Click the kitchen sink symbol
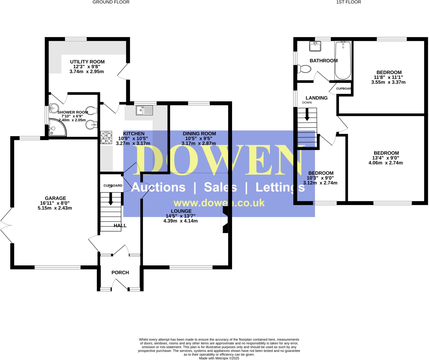point(144,111)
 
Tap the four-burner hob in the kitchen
point(106,138)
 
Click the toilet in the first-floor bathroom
point(304,69)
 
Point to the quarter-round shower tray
point(57,128)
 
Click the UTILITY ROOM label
point(87,62)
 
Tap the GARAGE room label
point(55,198)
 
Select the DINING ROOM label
point(199,134)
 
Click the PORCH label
point(120,272)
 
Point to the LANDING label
point(316,98)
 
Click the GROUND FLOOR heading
point(111,2)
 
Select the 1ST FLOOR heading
point(348,2)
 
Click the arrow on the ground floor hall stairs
point(111,199)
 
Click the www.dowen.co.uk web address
point(219,203)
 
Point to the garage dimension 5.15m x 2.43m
point(55,208)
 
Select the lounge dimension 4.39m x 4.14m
point(180,221)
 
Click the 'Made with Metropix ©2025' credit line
point(219,358)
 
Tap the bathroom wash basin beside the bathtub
point(315,46)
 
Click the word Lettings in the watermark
point(280,188)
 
